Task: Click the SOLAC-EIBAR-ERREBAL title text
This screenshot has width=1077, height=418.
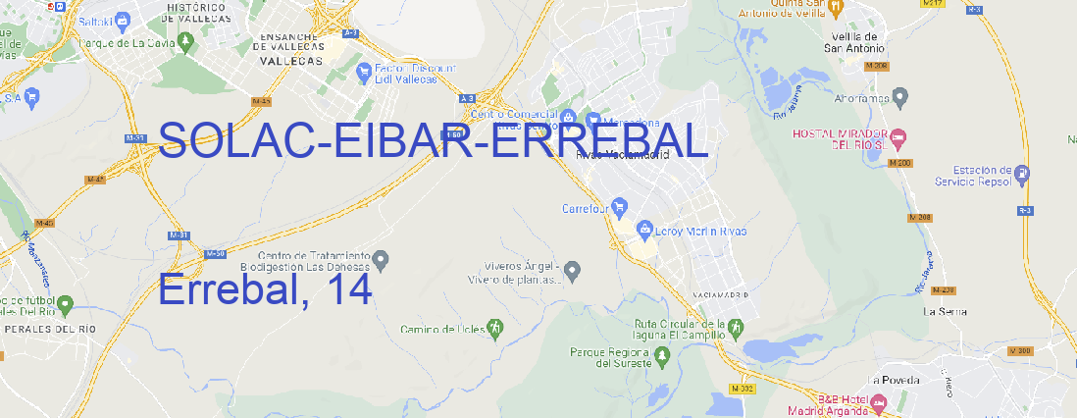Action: pos(432,142)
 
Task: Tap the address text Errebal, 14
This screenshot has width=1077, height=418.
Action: pos(265,289)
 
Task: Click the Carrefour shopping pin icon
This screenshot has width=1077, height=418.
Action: pos(622,208)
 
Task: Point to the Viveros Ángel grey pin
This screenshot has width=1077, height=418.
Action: pos(574,270)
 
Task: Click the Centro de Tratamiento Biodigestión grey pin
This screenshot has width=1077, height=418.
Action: pos(383,259)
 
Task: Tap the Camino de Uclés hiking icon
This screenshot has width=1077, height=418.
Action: pos(495,328)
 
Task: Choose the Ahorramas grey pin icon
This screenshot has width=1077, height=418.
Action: pos(901,96)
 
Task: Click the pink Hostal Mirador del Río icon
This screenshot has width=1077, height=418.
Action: pos(904,134)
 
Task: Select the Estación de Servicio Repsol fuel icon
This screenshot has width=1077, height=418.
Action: pos(1023,174)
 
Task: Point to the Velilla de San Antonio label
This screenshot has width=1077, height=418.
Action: pos(851,40)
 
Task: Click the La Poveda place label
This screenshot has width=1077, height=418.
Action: pos(895,380)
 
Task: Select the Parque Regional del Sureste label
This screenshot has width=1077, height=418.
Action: pos(610,357)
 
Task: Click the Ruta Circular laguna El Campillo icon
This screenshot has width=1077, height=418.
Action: pos(735,326)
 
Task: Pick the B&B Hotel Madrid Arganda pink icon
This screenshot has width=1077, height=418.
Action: pos(878,402)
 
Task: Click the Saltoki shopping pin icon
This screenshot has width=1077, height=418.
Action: pos(123,19)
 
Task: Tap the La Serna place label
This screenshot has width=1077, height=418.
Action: pos(946,311)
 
